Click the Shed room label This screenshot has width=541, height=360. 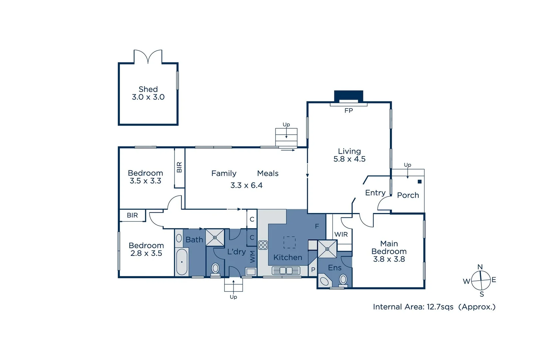[x=148, y=89]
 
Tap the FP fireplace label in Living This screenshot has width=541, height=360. [x=348, y=111]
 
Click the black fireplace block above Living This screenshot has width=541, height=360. [x=348, y=95]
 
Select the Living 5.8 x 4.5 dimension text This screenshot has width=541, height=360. [x=349, y=159]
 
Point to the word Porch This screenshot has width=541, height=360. [x=408, y=195]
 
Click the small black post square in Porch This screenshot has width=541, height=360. [x=420, y=182]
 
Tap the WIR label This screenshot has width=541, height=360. [x=341, y=234]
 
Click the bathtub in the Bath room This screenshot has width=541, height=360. [x=182, y=262]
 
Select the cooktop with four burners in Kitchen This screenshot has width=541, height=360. [x=263, y=245]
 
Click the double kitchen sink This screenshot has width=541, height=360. [x=286, y=270]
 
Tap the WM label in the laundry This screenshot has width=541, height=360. [x=252, y=256]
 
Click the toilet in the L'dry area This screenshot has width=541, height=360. [x=216, y=268]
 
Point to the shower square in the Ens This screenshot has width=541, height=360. [x=327, y=249]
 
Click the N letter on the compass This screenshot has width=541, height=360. [x=480, y=267]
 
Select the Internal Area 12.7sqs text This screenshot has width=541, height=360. [x=413, y=307]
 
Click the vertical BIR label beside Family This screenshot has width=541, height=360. [x=179, y=167]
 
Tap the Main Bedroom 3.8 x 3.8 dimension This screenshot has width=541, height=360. [x=389, y=259]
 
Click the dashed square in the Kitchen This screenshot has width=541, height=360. [x=289, y=242]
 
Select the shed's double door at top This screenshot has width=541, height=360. [x=148, y=57]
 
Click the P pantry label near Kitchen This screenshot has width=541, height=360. [x=313, y=270]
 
